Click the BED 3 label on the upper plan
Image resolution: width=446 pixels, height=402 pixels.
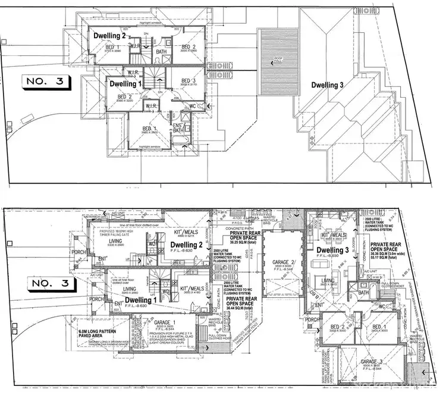click(x=189, y=81)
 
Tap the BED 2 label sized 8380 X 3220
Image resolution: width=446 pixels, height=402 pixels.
click(x=125, y=97)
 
